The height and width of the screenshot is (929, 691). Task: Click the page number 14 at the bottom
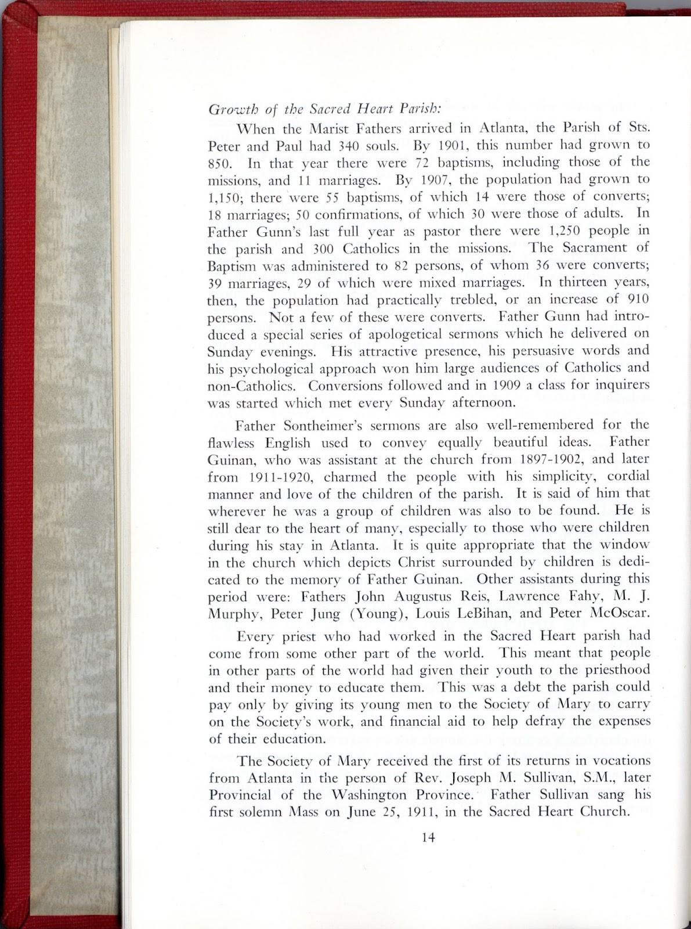click(429, 837)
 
